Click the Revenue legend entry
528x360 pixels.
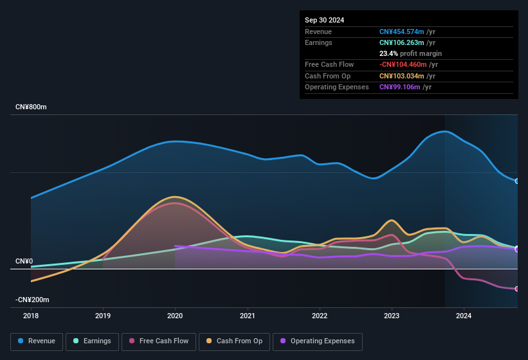pyautogui.click(x=37, y=341)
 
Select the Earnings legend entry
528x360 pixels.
pyautogui.click(x=92, y=341)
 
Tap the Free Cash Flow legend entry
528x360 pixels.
pyautogui.click(x=159, y=341)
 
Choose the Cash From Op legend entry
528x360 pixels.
pyautogui.click(x=234, y=341)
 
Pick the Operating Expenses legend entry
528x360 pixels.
pyautogui.click(x=317, y=341)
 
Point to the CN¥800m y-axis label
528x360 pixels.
pyautogui.click(x=32, y=107)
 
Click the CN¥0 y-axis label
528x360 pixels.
pyautogui.click(x=24, y=261)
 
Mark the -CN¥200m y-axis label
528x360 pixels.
pyautogui.click(x=33, y=300)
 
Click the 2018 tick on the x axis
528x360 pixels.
pyautogui.click(x=31, y=316)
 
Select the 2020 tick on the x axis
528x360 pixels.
pyautogui.click(x=175, y=316)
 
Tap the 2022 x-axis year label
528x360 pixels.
pyautogui.click(x=320, y=316)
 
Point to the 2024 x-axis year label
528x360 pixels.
pyautogui.click(x=464, y=316)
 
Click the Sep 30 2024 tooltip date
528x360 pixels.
pyautogui.click(x=324, y=20)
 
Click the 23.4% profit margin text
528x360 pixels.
pyautogui.click(x=410, y=53)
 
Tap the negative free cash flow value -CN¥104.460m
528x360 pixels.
pyautogui.click(x=403, y=64)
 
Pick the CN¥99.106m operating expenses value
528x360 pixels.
pyautogui.click(x=401, y=87)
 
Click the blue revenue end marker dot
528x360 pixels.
pyautogui.click(x=516, y=181)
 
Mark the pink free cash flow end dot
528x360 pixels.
pyautogui.click(x=516, y=289)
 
